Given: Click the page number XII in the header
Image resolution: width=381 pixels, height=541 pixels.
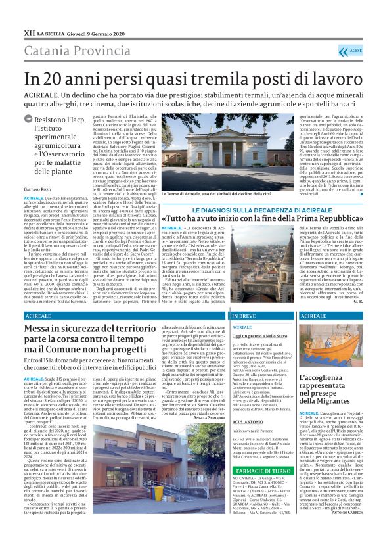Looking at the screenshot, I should [29, 32].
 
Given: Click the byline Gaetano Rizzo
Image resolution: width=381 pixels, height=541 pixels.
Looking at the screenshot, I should [38, 189].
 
